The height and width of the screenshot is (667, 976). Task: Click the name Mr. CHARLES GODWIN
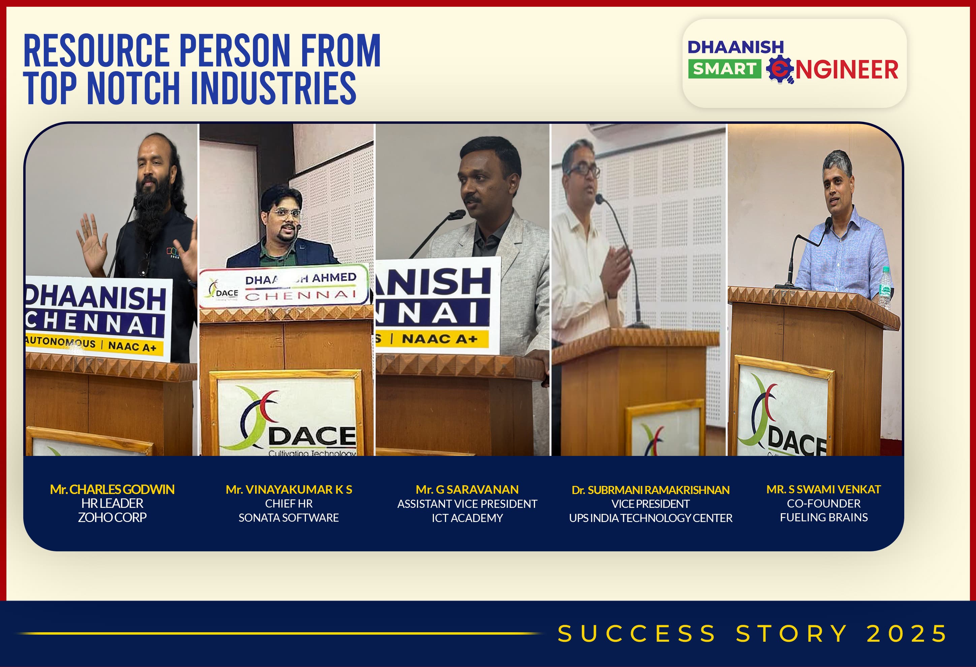[x=112, y=489]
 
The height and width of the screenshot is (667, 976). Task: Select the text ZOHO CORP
[x=112, y=517]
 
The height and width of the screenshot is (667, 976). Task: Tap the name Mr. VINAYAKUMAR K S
[x=289, y=490]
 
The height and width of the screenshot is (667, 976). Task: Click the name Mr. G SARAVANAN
[x=467, y=490]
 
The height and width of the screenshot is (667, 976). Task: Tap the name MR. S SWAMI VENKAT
[x=823, y=489]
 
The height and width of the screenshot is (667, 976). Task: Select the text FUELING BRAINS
[x=823, y=517]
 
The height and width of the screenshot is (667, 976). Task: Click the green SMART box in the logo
[x=724, y=68]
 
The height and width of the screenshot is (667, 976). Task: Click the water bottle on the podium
[x=884, y=288]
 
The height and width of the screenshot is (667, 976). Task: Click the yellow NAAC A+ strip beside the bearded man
[x=94, y=344]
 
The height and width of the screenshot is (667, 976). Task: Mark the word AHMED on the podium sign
[x=334, y=278]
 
